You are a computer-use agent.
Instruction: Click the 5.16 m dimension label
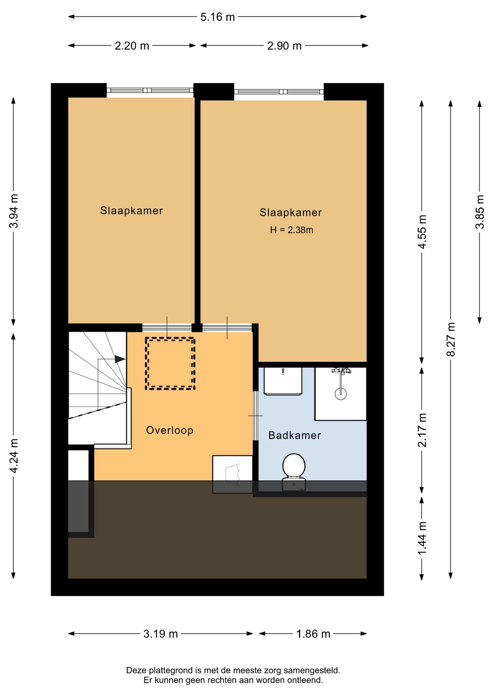coord(217,17)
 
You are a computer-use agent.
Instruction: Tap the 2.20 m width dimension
coord(132,46)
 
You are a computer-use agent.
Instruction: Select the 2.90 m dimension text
coord(284,46)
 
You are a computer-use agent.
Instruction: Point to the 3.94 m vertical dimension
coord(13,211)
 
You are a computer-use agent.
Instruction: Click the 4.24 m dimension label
coord(13,456)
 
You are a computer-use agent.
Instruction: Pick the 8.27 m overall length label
coord(451,339)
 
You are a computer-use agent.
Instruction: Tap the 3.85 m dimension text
coord(480,212)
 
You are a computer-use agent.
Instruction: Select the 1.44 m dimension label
coord(422,538)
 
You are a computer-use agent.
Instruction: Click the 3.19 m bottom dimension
coord(160,634)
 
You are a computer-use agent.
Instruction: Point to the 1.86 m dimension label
coord(313,634)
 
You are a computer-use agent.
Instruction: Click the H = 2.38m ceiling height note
coord(292,230)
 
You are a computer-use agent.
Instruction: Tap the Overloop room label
coord(170,430)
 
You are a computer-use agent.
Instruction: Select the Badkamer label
coord(294,435)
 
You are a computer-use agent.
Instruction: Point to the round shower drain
coord(341,394)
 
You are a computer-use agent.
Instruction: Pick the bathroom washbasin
coord(283,381)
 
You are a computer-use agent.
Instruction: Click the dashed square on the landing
coord(170,363)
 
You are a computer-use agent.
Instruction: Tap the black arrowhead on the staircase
coord(120,359)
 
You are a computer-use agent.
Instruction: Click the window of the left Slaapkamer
coord(150,90)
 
